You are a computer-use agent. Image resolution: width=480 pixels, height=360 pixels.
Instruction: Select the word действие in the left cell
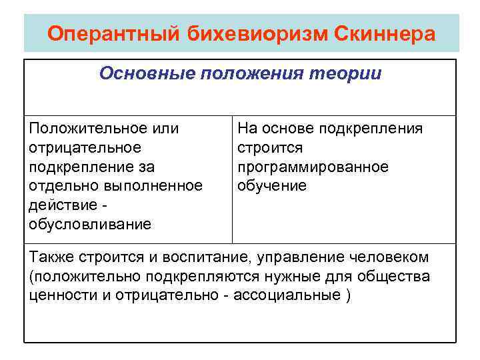[60, 205]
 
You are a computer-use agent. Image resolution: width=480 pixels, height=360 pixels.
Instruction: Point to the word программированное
[313, 166]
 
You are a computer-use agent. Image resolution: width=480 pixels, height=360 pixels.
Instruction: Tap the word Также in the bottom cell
[52, 257]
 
